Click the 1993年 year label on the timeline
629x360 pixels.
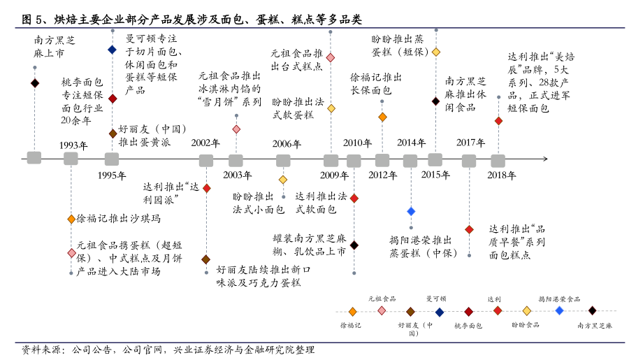pos(73,145)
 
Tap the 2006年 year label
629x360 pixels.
pos(287,144)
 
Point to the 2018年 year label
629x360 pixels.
pos(501,175)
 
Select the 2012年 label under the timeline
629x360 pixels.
pos(383,175)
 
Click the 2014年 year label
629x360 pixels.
pos(411,143)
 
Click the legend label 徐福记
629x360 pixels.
pos(351,326)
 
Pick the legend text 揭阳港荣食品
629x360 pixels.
pos(559,299)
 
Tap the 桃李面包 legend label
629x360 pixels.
pos(468,326)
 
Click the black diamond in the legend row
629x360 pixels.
pos(592,310)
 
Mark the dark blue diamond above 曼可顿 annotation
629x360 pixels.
pos(112,50)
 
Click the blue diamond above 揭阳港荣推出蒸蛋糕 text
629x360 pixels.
pos(411,211)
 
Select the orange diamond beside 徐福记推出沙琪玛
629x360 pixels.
pos(71,219)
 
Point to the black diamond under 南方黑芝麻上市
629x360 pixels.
pos(35,83)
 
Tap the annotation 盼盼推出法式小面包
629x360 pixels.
pos(259,202)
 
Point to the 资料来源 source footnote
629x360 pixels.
pos(168,349)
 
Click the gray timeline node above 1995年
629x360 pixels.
pos(112,159)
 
